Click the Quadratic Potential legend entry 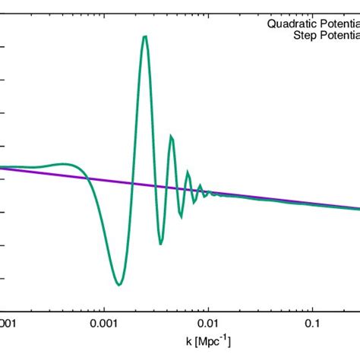(312, 24)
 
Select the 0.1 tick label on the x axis (312, 323)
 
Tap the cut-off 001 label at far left (8, 323)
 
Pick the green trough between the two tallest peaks (160, 243)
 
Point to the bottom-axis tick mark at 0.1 (312, 307)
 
